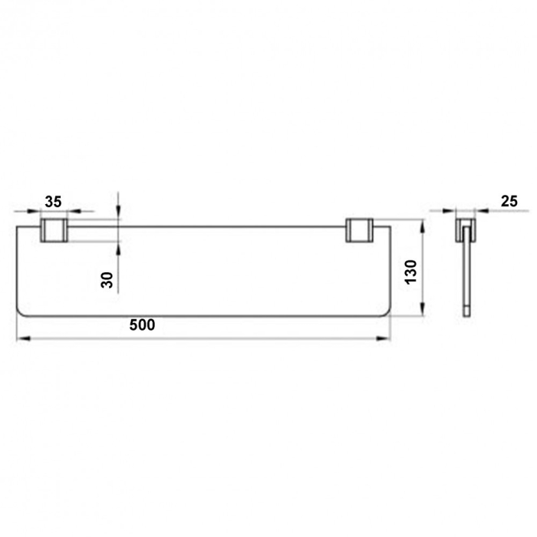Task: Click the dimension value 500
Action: click(142, 325)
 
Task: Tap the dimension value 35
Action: click(53, 202)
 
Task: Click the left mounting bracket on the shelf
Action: click(53, 231)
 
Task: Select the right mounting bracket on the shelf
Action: click(360, 231)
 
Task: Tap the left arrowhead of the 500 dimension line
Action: click(21, 337)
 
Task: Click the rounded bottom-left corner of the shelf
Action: click(21, 311)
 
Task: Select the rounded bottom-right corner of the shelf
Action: click(386, 311)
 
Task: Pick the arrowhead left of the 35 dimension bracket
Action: click(35, 210)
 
